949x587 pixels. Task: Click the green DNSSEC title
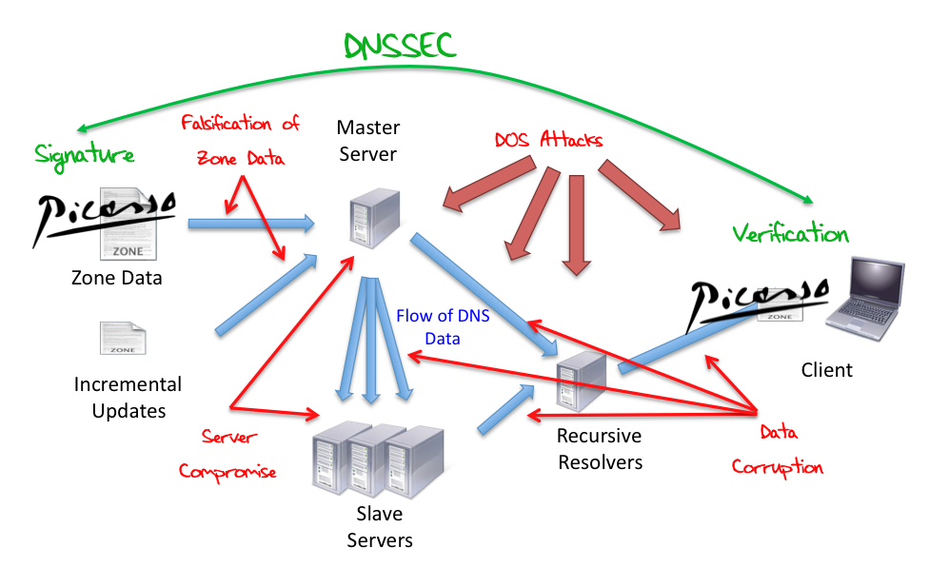399,45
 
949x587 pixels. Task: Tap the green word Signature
85,154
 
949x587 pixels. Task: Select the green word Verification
789,232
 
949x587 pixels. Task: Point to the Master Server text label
367,140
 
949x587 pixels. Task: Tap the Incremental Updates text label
128,398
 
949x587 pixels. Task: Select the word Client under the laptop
826,369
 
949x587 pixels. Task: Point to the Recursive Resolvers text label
600,449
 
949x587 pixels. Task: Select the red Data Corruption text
777,450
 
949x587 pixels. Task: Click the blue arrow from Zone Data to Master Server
250,224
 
